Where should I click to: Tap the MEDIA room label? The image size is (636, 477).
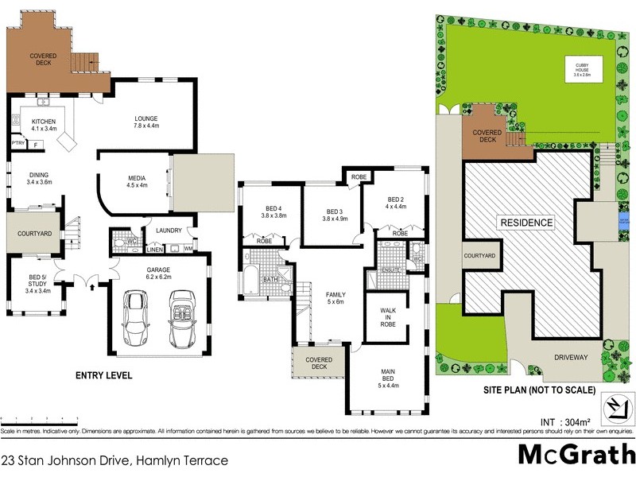pyautogui.click(x=137, y=182)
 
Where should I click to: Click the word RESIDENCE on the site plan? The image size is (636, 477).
pyautogui.click(x=525, y=223)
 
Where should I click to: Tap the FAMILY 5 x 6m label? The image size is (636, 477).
pyautogui.click(x=336, y=299)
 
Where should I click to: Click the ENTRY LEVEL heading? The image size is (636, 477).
pyautogui.click(x=103, y=375)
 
